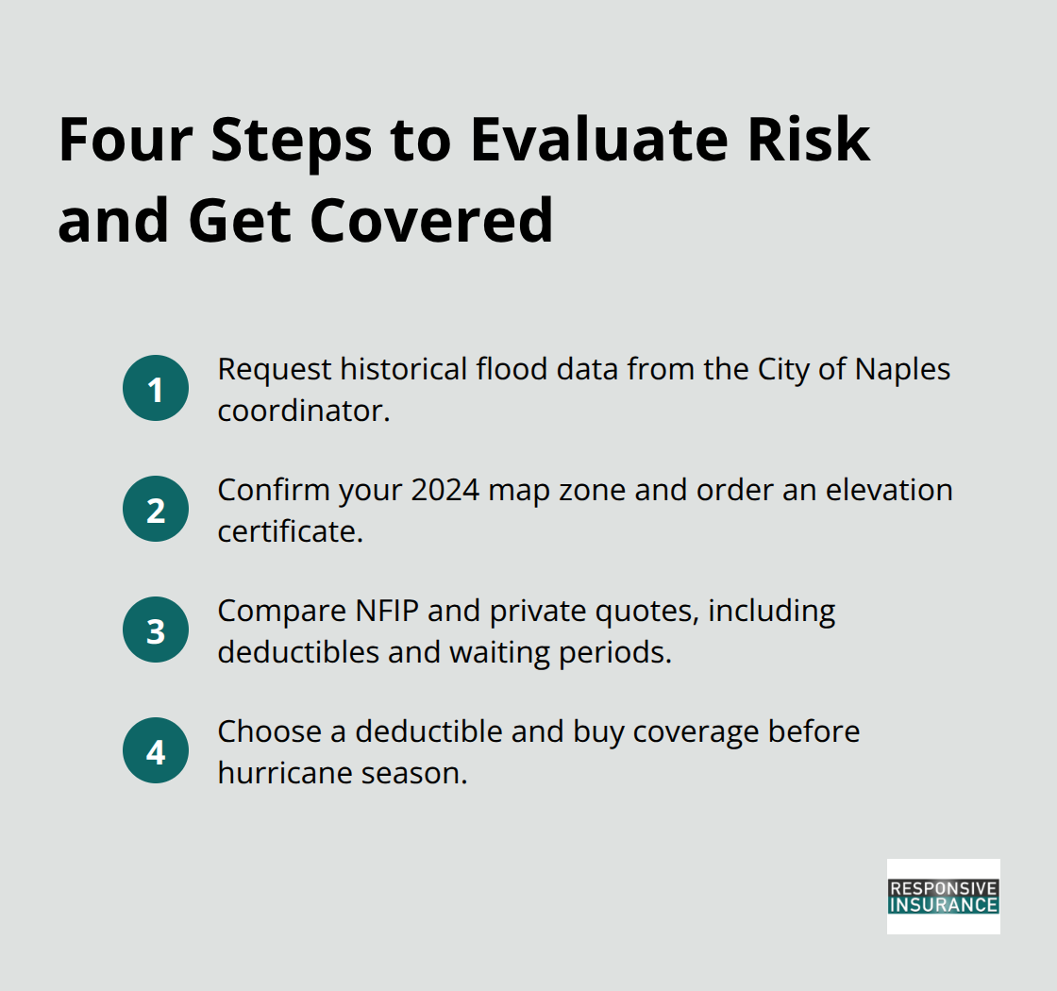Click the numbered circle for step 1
coord(156,388)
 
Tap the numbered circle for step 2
coord(156,509)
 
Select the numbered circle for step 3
coord(156,630)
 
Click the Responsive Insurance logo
coord(943,896)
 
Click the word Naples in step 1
coord(902,369)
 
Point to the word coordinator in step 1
coord(303,411)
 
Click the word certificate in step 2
coord(290,531)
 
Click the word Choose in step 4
coord(263,731)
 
